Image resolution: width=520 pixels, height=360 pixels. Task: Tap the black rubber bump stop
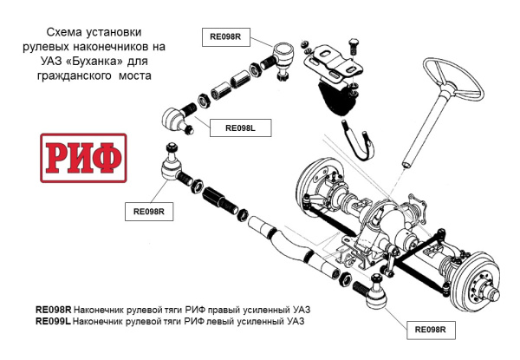pos(338,100)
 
